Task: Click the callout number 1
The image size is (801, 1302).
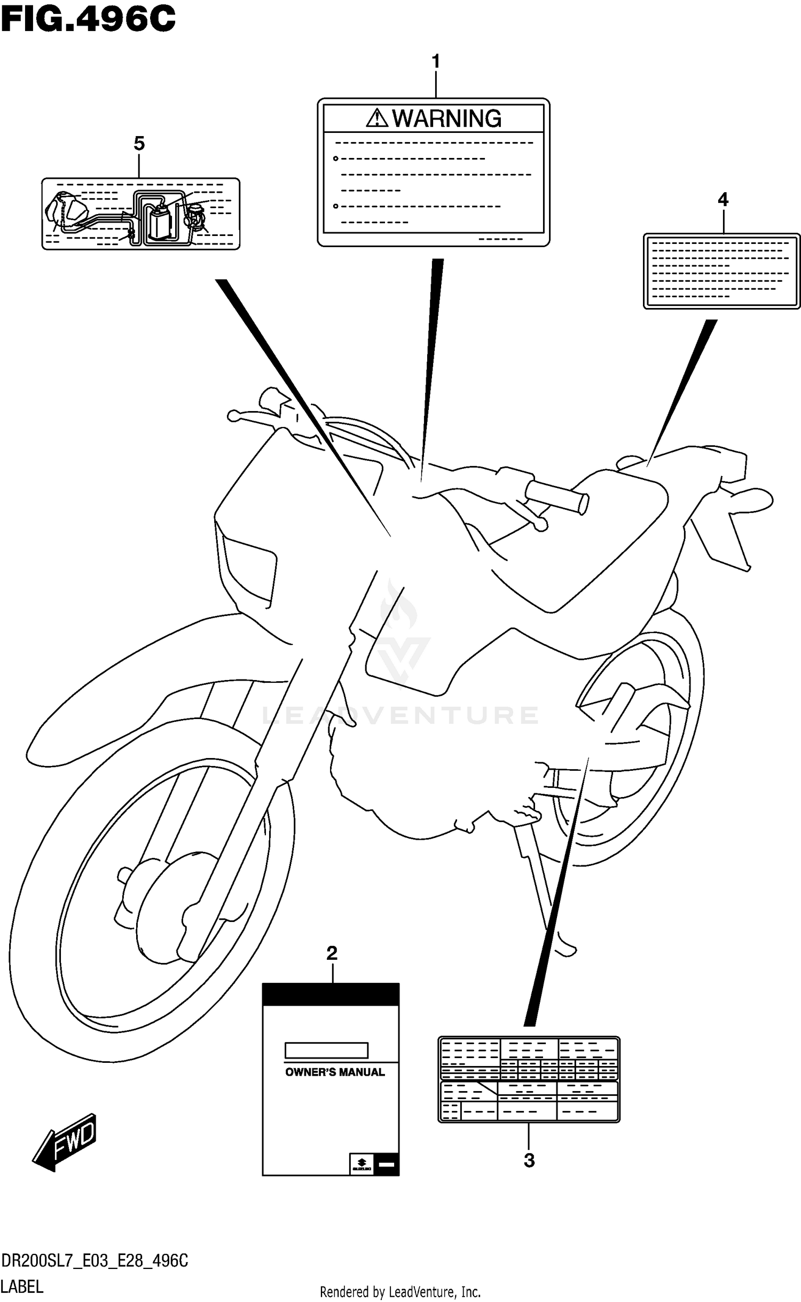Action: point(436,61)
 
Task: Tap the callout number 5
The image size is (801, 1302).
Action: point(139,143)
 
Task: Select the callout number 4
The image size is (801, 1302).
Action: point(723,200)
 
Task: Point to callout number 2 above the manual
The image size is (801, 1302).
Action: point(332,953)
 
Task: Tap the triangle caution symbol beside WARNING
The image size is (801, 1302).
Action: point(376,118)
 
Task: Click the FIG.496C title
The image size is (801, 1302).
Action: point(88,19)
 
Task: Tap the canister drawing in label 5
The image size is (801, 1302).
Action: point(160,222)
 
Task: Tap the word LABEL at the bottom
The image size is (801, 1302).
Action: point(22,1287)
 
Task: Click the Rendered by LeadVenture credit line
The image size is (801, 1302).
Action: point(400,1292)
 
